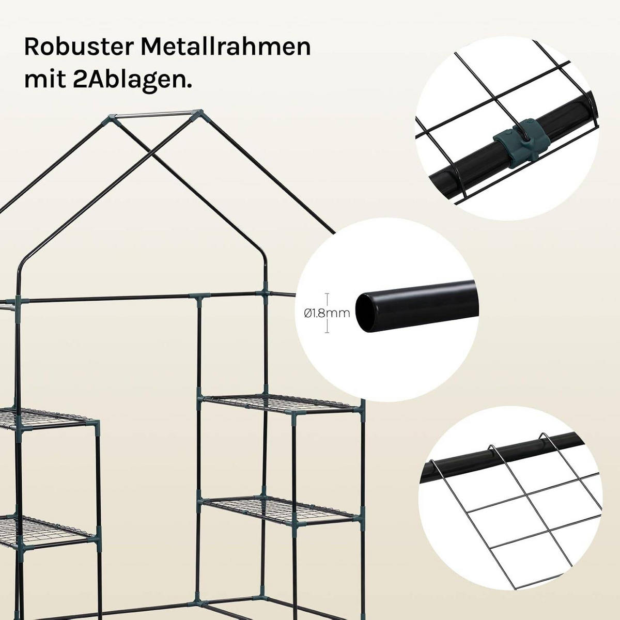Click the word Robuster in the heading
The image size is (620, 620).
[x=78, y=47]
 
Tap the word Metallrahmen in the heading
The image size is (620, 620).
[x=226, y=47]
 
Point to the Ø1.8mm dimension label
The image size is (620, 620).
[x=327, y=313]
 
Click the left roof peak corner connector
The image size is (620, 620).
[x=110, y=120]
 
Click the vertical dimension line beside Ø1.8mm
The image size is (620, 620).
[x=328, y=313]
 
